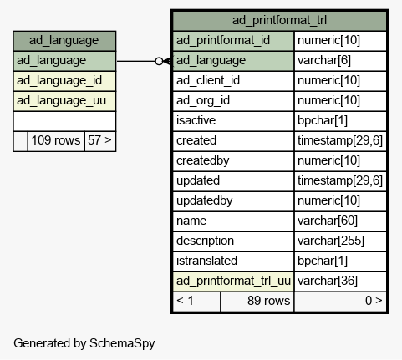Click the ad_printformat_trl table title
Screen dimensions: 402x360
pos(279,20)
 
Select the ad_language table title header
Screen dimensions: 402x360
pos(64,41)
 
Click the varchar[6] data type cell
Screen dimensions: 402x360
pos(340,61)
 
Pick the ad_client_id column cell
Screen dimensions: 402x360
pos(233,81)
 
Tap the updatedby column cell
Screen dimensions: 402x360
pos(233,201)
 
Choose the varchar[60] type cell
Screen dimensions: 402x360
pos(340,221)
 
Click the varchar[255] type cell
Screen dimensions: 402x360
pos(340,241)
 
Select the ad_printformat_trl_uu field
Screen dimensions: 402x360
pos(233,281)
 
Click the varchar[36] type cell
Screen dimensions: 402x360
pos(340,281)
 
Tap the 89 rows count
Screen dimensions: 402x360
pos(268,301)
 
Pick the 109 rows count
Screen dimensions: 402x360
pos(56,140)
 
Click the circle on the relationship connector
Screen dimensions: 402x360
pos(159,61)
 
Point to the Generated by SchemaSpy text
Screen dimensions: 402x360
pos(84,343)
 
